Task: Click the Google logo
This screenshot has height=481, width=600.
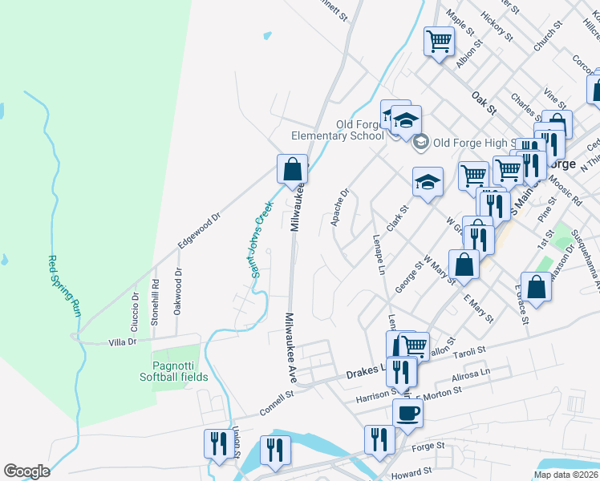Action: pos(26,471)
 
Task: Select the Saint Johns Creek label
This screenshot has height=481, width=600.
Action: pos(261,239)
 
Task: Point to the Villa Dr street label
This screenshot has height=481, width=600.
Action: pos(123,342)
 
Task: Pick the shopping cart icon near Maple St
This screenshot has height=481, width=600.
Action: pos(439,41)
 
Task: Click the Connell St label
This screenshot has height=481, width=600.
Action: pos(278,403)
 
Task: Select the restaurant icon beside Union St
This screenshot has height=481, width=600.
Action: pos(218,443)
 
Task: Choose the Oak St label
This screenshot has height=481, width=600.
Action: pos(484,102)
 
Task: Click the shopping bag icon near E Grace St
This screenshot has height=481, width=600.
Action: pos(539,286)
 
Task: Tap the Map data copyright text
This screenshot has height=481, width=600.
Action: pos(565,475)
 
